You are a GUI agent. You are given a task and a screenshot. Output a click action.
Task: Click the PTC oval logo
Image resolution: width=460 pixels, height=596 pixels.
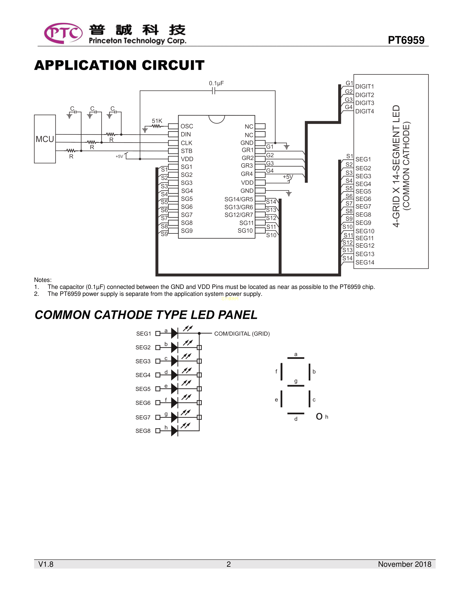coord(63,33)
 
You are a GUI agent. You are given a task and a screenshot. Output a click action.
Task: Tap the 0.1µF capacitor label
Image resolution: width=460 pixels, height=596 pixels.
coord(216,83)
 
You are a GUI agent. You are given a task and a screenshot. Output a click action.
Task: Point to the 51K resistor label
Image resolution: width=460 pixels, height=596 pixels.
coord(157,121)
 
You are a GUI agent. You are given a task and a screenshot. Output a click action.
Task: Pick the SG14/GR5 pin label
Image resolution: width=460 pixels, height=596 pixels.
coord(239,199)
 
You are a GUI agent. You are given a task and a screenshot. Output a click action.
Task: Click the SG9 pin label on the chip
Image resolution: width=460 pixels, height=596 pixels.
coord(187,231)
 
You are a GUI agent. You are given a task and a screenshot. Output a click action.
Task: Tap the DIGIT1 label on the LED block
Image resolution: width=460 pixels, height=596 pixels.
coord(365,87)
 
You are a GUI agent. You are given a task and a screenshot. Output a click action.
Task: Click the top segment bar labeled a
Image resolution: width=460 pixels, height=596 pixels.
coord(296,358)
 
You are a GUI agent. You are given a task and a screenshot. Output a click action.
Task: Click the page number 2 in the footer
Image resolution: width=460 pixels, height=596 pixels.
coord(229,564)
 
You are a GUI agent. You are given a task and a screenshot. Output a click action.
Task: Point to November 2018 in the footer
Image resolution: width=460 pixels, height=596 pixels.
coord(404,564)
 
